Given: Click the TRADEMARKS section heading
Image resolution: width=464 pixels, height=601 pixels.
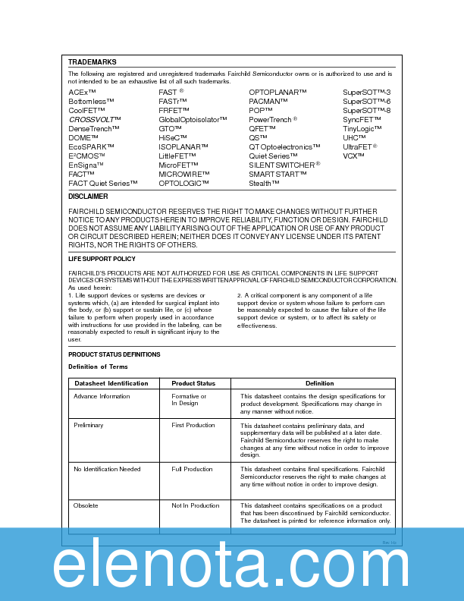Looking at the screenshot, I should (x=92, y=61).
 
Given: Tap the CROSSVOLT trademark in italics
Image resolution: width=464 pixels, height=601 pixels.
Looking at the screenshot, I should (x=95, y=119).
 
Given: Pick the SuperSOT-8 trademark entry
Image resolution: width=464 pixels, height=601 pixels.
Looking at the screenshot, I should (x=367, y=110).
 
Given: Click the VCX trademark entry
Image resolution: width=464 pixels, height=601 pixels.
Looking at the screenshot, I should (x=354, y=156).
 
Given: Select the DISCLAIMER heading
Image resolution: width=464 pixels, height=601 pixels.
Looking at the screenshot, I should (x=88, y=197).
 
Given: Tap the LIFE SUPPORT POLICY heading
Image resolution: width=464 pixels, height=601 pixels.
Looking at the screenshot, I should (x=102, y=259).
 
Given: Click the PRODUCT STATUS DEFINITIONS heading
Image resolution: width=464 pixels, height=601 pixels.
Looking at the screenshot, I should (x=114, y=354).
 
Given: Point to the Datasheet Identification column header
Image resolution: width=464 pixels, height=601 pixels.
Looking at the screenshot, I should (x=111, y=383).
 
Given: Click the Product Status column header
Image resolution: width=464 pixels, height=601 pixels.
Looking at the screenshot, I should (x=193, y=383).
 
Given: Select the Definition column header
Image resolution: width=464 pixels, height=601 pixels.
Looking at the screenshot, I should (x=319, y=383).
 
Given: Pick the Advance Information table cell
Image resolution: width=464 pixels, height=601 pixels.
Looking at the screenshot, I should (x=102, y=396).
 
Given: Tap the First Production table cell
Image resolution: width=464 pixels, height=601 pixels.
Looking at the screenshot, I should (x=193, y=425).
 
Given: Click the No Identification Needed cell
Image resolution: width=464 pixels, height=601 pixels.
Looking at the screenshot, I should (x=107, y=469).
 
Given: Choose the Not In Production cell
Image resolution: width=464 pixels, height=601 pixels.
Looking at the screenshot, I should (x=195, y=505).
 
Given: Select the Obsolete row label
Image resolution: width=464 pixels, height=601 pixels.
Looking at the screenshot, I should (x=86, y=505).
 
